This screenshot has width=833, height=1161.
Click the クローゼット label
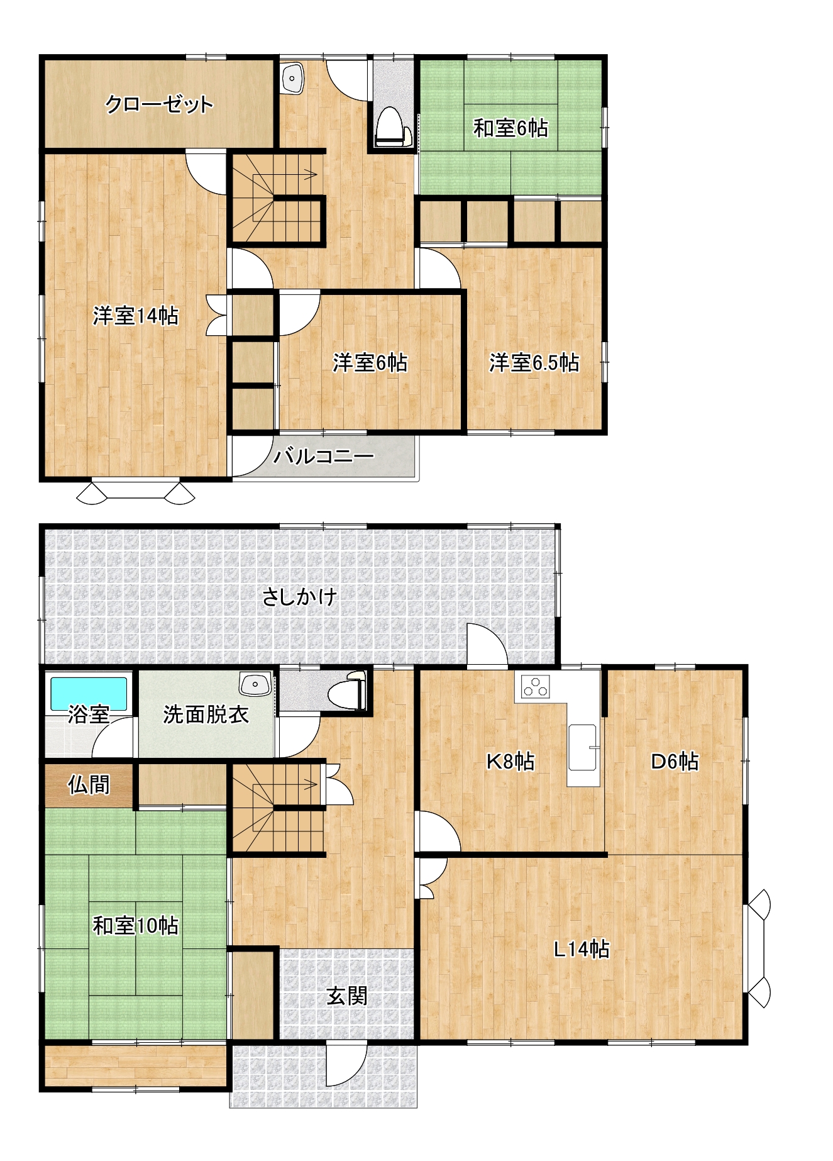pyautogui.click(x=159, y=104)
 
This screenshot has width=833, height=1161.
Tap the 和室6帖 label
pyautogui.click(x=510, y=128)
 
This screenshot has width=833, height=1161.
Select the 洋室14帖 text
pyautogui.click(x=136, y=315)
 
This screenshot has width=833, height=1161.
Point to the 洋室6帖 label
pyautogui.click(x=370, y=363)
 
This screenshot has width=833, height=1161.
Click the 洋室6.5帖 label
pyautogui.click(x=534, y=363)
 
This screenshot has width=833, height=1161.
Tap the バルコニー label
pyautogui.click(x=324, y=455)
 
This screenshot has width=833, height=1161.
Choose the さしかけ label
pyautogui.click(x=300, y=596)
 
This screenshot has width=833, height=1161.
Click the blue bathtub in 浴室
pyautogui.click(x=89, y=694)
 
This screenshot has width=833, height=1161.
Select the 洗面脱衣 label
pyautogui.click(x=206, y=714)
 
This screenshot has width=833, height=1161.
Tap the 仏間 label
pyautogui.click(x=89, y=785)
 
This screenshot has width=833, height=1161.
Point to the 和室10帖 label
pyautogui.click(x=136, y=926)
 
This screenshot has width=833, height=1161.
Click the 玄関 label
pyautogui.click(x=347, y=996)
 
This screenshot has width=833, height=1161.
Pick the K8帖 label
pyautogui.click(x=510, y=762)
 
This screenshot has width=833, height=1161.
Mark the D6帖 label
pyautogui.click(x=675, y=762)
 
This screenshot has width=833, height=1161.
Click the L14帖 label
pyautogui.click(x=582, y=949)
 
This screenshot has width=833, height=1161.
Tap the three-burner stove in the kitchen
pyautogui.click(x=536, y=686)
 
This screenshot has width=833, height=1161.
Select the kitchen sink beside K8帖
pyautogui.click(x=583, y=747)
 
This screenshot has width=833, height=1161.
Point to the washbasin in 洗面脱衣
pyautogui.click(x=255, y=683)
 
